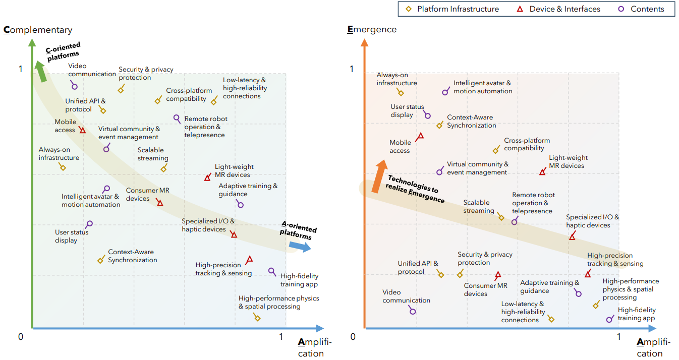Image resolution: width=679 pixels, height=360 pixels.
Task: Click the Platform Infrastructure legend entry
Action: click(452, 9)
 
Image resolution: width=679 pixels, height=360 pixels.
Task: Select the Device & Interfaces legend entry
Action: click(558, 9)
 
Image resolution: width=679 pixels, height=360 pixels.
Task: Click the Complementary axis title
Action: click(38, 30)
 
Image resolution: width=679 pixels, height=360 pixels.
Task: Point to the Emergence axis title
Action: click(372, 29)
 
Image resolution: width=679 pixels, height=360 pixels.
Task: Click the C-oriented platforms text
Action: click(63, 52)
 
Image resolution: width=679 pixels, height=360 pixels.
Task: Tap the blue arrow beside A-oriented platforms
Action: click(300, 246)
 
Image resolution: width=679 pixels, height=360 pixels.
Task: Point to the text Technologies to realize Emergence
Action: click(414, 189)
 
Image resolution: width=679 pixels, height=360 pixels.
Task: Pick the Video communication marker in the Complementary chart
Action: click(75, 86)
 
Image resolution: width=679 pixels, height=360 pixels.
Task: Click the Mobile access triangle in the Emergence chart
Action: click(420, 136)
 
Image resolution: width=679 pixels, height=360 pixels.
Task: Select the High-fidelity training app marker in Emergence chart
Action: click(609, 320)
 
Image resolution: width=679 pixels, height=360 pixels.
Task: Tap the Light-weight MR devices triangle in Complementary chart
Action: click(207, 177)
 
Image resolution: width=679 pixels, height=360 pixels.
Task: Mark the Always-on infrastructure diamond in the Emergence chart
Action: click(401, 92)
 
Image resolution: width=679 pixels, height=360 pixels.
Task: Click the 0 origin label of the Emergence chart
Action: click(353, 336)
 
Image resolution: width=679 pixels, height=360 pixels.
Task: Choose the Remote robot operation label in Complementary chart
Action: click(205, 127)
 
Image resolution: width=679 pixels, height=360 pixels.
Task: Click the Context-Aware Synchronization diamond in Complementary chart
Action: click(100, 260)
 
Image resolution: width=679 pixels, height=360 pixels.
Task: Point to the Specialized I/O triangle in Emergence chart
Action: click(572, 236)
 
